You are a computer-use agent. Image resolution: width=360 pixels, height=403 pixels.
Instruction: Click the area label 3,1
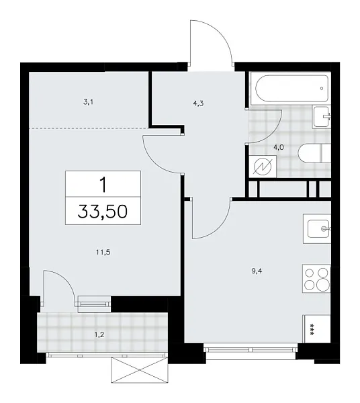click(x=88, y=102)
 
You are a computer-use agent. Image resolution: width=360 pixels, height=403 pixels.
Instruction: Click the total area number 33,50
click(x=103, y=213)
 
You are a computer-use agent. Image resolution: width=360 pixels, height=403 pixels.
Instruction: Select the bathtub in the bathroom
click(x=289, y=87)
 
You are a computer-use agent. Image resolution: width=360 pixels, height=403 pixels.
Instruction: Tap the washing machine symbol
click(x=262, y=165)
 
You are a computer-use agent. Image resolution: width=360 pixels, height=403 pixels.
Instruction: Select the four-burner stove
click(x=317, y=278)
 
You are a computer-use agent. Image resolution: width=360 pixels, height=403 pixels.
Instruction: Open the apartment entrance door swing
click(x=210, y=44)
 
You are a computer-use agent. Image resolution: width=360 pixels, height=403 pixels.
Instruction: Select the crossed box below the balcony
click(x=139, y=369)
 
